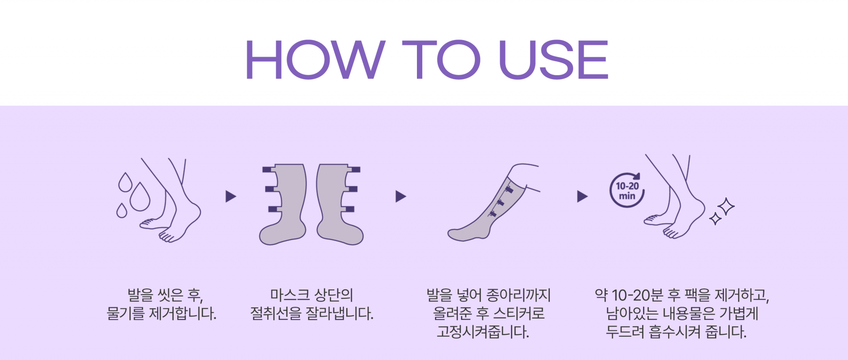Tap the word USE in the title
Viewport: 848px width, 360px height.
(x=554, y=60)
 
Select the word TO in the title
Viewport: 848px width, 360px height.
(x=442, y=60)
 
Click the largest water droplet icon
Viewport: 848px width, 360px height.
(x=140, y=197)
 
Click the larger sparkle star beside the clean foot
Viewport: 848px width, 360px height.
(x=725, y=206)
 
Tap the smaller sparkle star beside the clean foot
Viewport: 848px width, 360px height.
(x=715, y=219)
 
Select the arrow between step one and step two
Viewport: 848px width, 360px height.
(x=231, y=197)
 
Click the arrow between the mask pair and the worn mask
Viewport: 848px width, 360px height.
(x=401, y=197)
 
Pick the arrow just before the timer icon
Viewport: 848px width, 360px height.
(x=583, y=197)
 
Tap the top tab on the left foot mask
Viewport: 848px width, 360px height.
(x=268, y=170)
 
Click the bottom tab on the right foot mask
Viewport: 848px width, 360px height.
(x=348, y=209)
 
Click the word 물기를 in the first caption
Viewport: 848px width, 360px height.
(x=125, y=314)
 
